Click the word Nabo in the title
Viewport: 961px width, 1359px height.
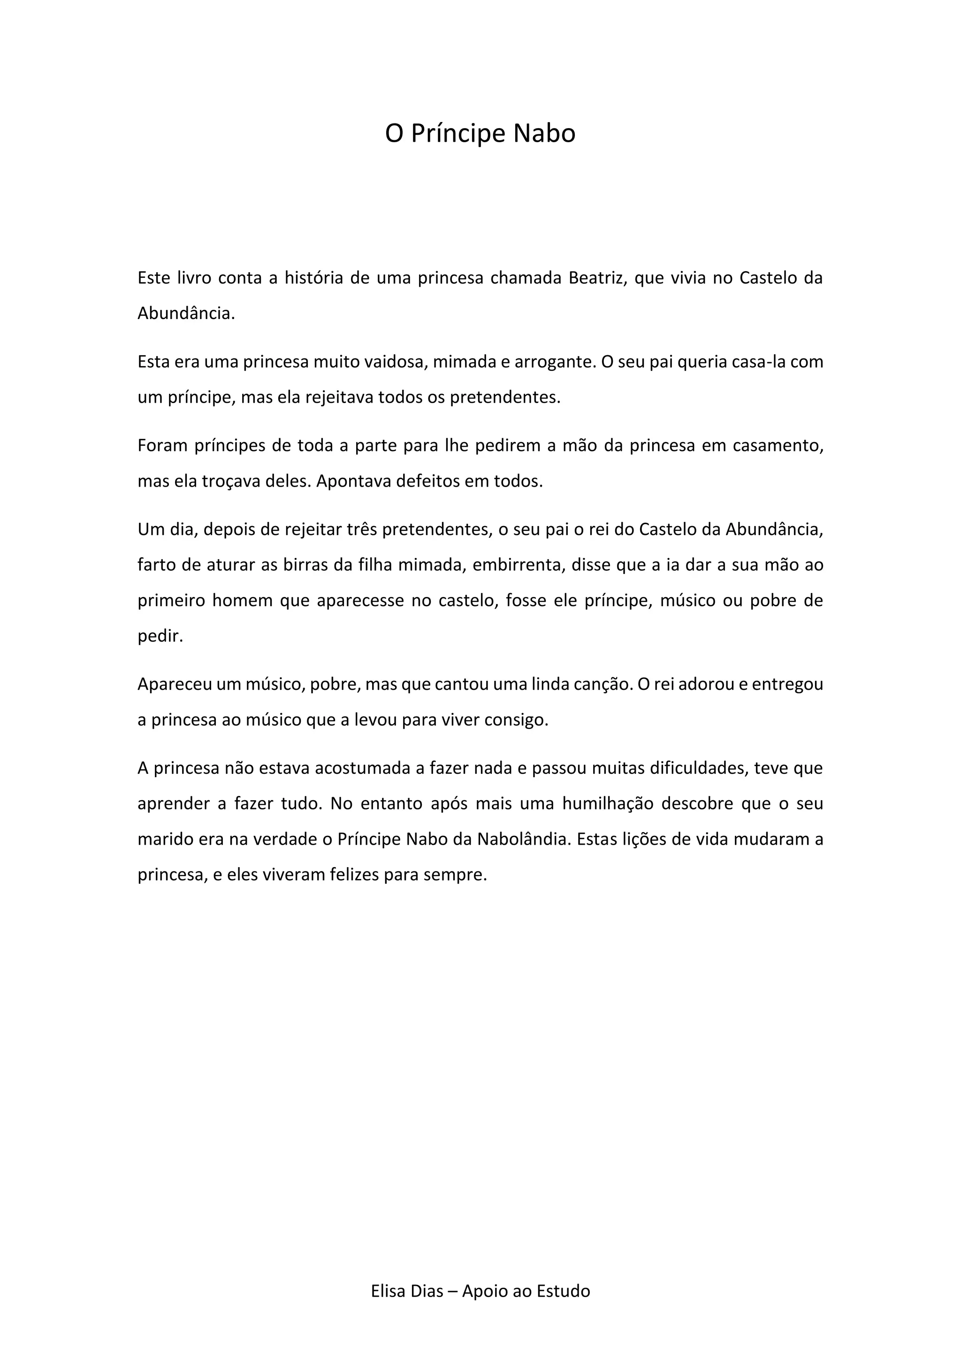544,134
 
